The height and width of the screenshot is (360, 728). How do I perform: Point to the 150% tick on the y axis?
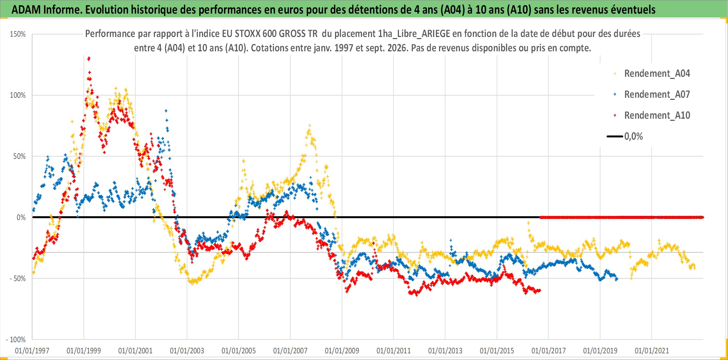point(18,34)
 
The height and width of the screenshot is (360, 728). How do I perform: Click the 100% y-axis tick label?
point(18,95)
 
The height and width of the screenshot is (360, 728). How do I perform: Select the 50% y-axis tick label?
point(20,156)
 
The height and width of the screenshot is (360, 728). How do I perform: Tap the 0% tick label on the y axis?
point(21,218)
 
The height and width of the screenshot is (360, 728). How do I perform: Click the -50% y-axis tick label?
point(18,279)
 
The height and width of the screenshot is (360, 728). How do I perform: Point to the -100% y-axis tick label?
point(16,339)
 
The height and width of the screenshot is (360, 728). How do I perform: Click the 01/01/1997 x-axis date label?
point(32,351)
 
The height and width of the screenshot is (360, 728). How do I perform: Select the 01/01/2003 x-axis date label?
point(187,351)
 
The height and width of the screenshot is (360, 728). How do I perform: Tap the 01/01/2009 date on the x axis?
point(342,351)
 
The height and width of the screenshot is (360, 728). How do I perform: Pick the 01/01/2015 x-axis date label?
point(497,351)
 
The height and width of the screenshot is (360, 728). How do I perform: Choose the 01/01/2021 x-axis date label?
point(652,351)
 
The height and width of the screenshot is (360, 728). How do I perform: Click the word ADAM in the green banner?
point(26,10)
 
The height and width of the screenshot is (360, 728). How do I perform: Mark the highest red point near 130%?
point(89,58)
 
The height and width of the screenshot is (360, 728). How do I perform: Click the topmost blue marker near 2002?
point(166,111)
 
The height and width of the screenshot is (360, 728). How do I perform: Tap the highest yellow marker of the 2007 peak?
point(309,125)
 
